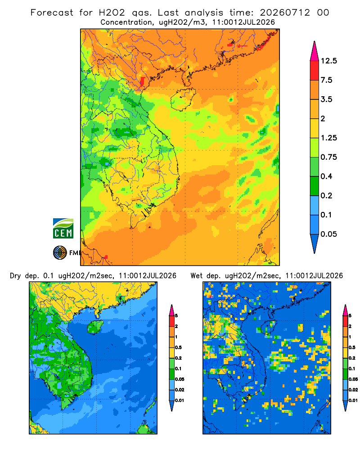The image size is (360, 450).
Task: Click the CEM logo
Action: click(63, 229)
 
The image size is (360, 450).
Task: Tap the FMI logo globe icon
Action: click(60, 253)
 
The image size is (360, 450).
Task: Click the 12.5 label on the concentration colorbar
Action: click(328, 61)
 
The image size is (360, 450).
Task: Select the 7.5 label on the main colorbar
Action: click(326, 80)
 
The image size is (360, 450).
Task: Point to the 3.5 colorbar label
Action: click(326, 99)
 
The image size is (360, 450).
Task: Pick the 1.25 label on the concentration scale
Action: click(328, 138)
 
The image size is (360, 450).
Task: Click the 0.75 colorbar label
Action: click(328, 157)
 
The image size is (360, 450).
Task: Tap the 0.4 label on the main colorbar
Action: click(326, 176)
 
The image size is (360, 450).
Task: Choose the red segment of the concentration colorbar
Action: click(315, 71)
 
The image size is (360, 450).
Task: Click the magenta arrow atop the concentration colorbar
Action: click(315, 51)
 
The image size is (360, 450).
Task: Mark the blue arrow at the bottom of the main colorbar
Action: click(315, 243)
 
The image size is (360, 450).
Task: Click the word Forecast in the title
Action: click(52, 13)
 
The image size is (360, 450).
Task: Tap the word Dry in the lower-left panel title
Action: click(15, 276)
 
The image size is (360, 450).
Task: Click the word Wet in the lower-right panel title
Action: click(197, 276)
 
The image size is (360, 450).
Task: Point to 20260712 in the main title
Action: click(285, 13)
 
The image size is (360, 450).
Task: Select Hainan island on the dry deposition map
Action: click(95, 327)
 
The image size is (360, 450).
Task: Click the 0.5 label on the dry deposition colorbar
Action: click(178, 347)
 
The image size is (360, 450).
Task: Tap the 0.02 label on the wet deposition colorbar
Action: click(353, 390)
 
